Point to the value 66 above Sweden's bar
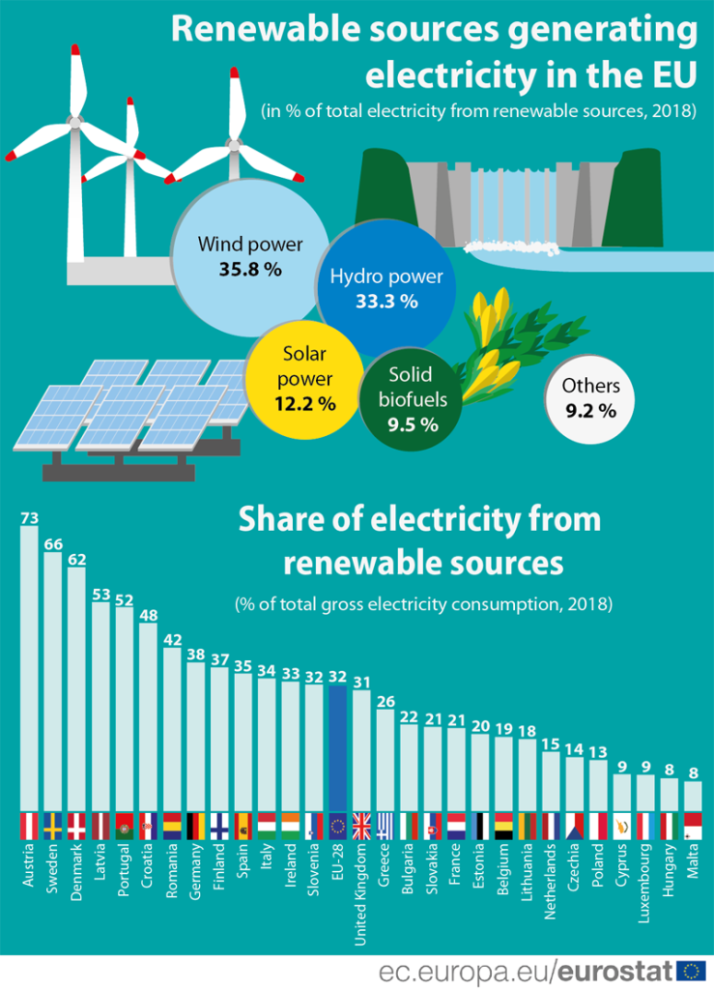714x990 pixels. point(52,545)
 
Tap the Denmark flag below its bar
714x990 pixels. point(76,827)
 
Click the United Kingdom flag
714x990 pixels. point(361,827)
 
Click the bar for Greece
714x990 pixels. point(385,764)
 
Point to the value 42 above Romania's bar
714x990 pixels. point(171,640)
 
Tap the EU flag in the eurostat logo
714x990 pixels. point(691,970)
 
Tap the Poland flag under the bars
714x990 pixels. point(598,827)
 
